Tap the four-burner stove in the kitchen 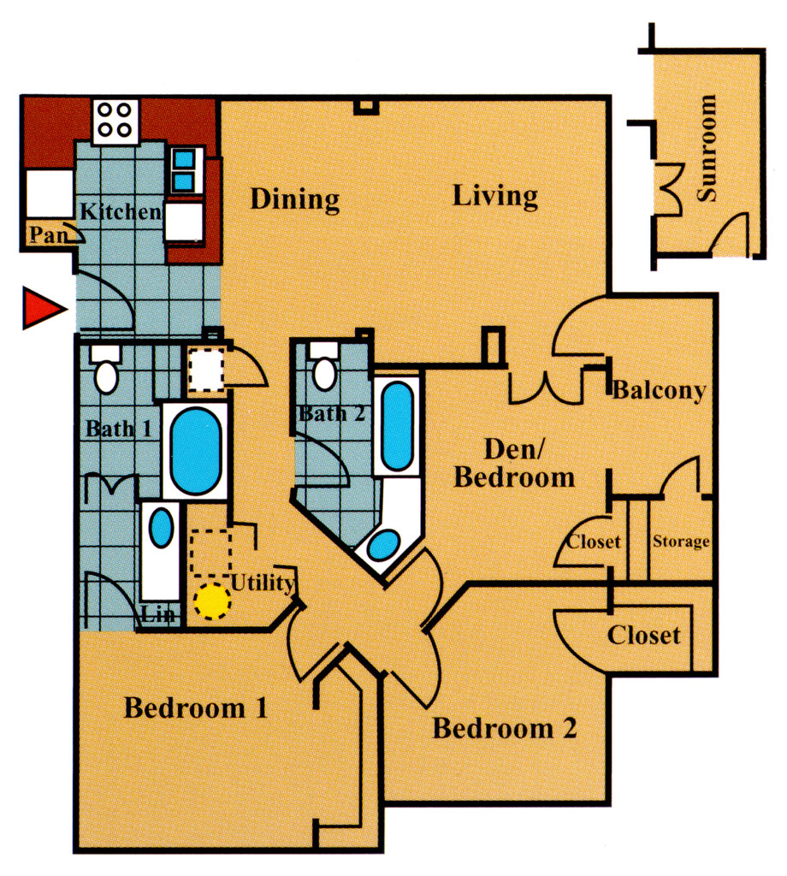click(x=116, y=121)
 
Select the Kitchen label click(x=121, y=210)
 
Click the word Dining click(x=295, y=199)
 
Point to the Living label click(x=495, y=196)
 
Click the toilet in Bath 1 click(x=106, y=370)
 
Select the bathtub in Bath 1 click(x=196, y=451)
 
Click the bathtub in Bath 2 click(x=396, y=425)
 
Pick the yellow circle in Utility click(x=210, y=601)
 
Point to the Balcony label click(x=659, y=391)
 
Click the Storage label click(x=681, y=542)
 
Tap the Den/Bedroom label click(x=513, y=463)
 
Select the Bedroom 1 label click(x=196, y=708)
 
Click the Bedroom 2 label click(x=505, y=729)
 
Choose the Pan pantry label click(x=48, y=235)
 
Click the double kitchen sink click(x=185, y=169)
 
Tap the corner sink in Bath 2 click(x=385, y=544)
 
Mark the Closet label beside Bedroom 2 click(x=644, y=636)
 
